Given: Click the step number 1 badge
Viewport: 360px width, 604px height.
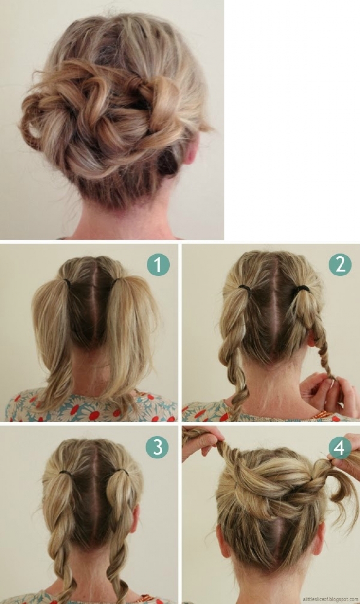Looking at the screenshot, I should pos(158,265).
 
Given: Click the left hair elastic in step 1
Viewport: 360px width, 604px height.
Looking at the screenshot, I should pos(66,281).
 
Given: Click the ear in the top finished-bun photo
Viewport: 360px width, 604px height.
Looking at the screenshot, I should pos(191,150).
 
